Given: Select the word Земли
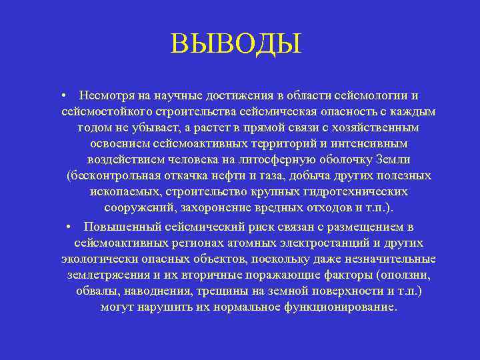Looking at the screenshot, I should pos(393,161).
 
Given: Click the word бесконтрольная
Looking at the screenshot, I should pos(113,177).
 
